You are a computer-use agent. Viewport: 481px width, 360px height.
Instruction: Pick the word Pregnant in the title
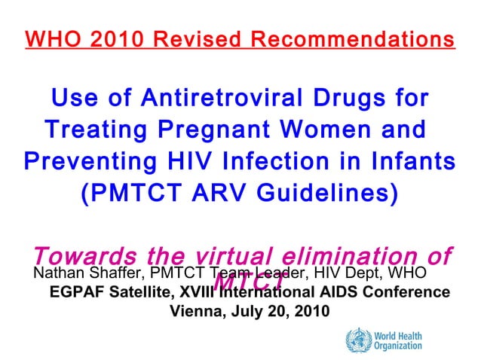point(213,131)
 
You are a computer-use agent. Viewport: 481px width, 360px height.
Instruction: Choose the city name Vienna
point(198,310)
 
